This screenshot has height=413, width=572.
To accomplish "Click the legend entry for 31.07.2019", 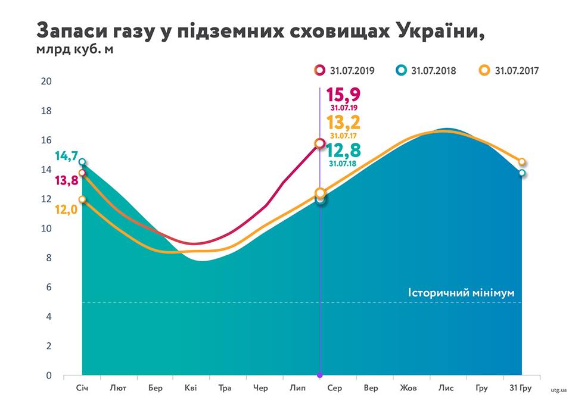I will [345, 70].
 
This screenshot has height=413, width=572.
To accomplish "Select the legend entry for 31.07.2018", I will [427, 70].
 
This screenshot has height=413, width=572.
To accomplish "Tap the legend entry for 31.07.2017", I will [510, 70].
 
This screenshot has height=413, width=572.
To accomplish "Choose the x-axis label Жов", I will [408, 389].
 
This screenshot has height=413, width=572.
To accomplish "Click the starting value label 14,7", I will [66, 157].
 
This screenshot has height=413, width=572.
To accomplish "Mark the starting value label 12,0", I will [66, 209].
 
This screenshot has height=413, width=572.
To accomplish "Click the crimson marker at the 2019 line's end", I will [320, 143].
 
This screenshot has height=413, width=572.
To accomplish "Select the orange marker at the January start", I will [82, 200].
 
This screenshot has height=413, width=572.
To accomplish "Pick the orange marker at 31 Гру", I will [522, 162].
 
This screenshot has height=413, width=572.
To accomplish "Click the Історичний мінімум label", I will [461, 293].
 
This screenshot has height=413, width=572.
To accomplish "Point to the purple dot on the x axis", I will [320, 375].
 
